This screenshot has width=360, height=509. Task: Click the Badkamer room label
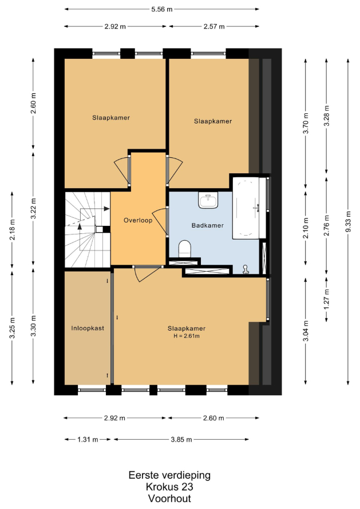[x=208, y=225]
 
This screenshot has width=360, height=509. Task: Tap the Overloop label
[x=138, y=220]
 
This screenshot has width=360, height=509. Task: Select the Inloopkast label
[x=88, y=328]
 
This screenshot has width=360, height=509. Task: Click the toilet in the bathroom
[x=184, y=248]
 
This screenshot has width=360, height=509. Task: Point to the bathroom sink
[x=208, y=200]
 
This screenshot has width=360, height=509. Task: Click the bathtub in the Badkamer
[x=246, y=208]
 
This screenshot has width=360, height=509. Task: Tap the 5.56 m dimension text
[x=162, y=9]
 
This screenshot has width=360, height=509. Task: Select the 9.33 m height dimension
[x=348, y=221]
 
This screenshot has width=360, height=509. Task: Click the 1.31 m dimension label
[x=88, y=440]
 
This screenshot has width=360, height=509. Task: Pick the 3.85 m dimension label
[x=181, y=440]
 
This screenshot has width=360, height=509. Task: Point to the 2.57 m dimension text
[x=214, y=27]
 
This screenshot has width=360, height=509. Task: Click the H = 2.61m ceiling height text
[x=187, y=336]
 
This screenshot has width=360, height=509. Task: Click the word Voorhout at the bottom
[x=169, y=498]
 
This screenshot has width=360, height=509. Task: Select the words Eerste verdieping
[x=169, y=475]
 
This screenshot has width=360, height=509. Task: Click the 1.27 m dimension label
[x=327, y=299]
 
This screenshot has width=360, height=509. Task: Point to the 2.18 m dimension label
[x=12, y=230]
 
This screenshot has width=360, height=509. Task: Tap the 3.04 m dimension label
[x=306, y=331]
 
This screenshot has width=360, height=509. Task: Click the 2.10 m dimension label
[x=306, y=228]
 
